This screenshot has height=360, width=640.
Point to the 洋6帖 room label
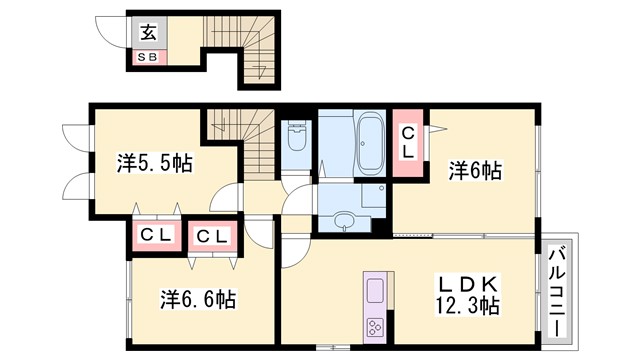click(473, 171)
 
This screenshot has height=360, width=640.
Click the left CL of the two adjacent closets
click(157, 236)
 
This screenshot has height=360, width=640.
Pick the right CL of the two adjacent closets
click(212, 236)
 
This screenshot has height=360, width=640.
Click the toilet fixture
click(296, 140)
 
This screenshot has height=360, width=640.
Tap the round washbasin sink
click(345, 219)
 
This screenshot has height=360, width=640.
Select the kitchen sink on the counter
click(373, 291)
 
